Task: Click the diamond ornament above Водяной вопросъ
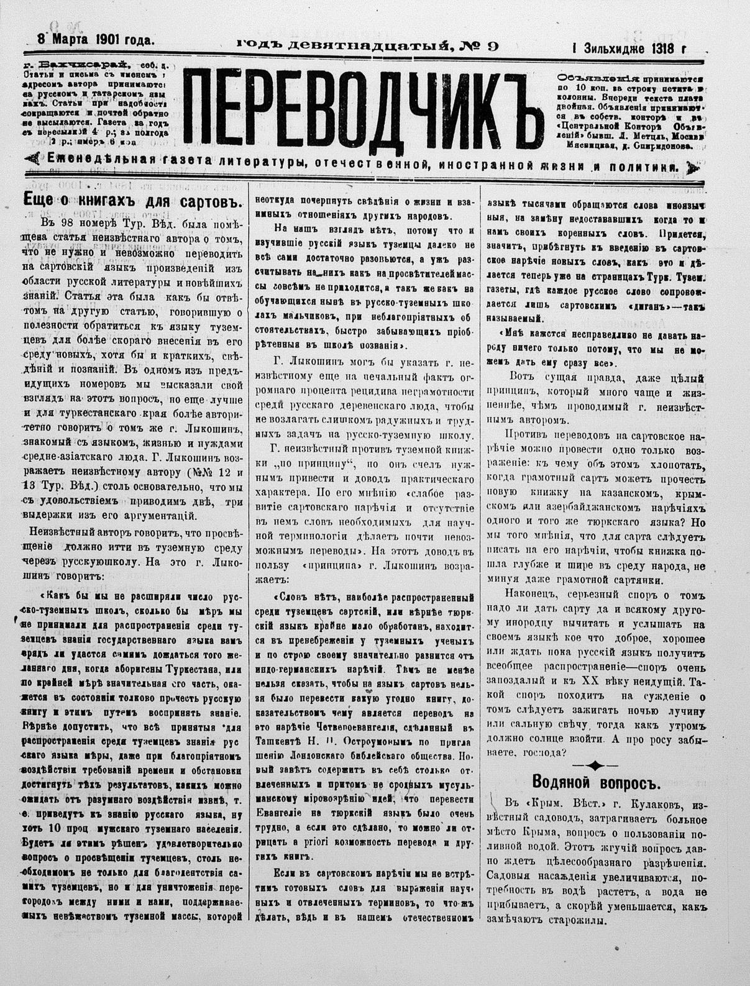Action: (x=595, y=764)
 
